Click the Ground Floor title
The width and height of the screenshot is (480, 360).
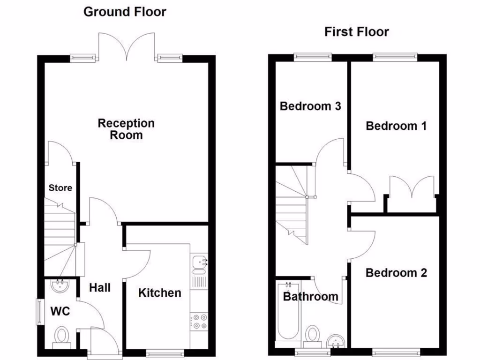125,12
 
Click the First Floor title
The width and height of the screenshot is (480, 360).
356,32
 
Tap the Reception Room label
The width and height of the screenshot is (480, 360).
126,129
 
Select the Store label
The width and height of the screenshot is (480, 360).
60,188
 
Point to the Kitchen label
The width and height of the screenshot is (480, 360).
159,293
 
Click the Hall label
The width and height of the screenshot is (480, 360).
100,287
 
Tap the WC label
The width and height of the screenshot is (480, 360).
60,311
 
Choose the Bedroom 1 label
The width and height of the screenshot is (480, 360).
396,126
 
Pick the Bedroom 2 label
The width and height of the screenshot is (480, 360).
396,273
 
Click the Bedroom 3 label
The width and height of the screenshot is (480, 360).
310,106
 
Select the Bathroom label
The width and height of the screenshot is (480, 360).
310,296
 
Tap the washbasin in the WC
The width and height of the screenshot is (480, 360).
60,285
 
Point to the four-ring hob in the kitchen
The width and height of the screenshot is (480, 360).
199,322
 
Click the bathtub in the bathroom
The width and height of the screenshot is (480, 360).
285,312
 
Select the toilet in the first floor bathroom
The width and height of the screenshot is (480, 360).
313,336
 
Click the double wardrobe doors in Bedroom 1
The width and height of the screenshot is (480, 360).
412,187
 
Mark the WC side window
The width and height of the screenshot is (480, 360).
39,311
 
